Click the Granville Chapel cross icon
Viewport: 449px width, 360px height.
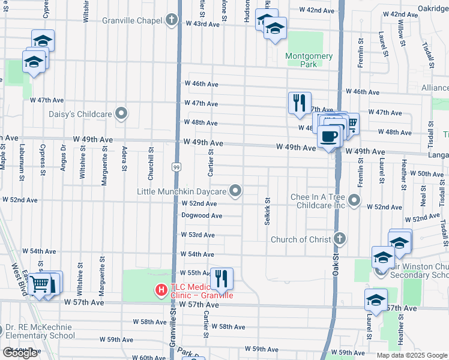[172, 20]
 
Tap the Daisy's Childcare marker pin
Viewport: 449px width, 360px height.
[122, 113]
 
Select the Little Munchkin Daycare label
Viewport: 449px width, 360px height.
[181, 191]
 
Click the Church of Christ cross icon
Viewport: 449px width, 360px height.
[340, 239]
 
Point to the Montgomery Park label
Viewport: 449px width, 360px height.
[309, 59]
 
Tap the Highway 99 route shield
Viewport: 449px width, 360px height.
[176, 166]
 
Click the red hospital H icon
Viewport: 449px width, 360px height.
[161, 290]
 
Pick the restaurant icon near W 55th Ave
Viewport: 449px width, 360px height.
[221, 278]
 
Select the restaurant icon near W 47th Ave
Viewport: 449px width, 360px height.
[299, 103]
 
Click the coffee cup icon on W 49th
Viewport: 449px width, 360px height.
[329, 136]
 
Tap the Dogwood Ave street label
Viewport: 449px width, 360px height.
[203, 215]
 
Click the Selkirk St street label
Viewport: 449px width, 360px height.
[267, 211]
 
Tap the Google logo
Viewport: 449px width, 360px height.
[20, 353]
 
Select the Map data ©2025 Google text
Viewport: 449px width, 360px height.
[411, 355]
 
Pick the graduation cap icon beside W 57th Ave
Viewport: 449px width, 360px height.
[376, 299]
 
